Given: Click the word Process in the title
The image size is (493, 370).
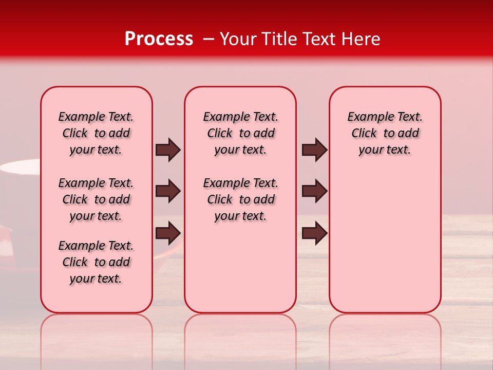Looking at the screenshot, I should point(159,39).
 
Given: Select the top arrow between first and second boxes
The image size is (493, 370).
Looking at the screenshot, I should point(168,150).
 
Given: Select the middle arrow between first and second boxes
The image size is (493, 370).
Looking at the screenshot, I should point(168,191).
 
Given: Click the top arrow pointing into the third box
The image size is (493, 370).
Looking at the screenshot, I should point(314,150).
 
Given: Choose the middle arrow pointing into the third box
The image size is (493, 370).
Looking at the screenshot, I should point(314,191).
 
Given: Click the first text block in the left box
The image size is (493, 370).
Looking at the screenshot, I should point(96,133).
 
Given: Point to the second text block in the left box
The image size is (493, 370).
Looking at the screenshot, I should point(96,199).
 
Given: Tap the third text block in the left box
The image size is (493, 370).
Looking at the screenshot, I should point(96,262).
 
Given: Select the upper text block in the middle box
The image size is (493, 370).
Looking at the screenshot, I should point(240,133).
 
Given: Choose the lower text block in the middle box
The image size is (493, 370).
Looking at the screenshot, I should point(240,199).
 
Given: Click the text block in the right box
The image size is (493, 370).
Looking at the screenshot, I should point(385,133).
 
